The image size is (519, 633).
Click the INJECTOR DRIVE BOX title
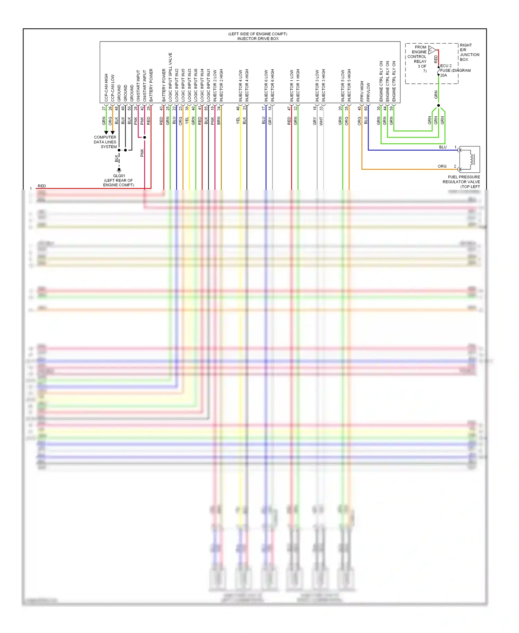[x=258, y=38]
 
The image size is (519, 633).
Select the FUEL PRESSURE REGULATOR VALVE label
[x=461, y=181]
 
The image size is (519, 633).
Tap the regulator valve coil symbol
[x=470, y=159]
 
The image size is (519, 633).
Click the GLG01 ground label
[x=119, y=176]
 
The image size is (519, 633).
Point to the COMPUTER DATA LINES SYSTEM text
[x=105, y=142]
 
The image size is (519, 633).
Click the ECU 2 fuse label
[x=446, y=66]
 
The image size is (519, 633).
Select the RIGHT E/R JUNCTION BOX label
[x=469, y=52]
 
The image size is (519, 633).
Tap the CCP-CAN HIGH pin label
[x=106, y=88]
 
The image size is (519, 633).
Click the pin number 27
[x=104, y=108]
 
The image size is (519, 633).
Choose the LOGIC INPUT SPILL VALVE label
[x=170, y=77]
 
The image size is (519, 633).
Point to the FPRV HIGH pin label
[x=362, y=91]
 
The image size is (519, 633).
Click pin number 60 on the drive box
[x=366, y=108]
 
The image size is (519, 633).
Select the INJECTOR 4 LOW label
[x=240, y=86]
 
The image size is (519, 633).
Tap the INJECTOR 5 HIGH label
[x=349, y=85]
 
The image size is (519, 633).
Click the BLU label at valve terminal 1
[x=443, y=147]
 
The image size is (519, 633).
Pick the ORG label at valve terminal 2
[x=442, y=166]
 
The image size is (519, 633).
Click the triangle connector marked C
[x=431, y=50]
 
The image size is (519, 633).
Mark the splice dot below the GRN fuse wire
[x=438, y=105]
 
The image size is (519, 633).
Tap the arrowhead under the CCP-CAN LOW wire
[x=112, y=133]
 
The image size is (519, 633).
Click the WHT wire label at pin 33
[x=321, y=121]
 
